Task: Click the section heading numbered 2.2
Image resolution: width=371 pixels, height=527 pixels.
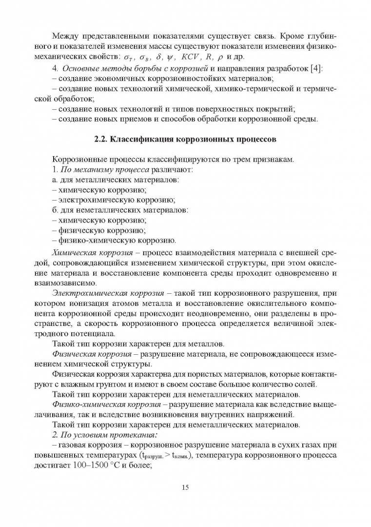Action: (x=185, y=139)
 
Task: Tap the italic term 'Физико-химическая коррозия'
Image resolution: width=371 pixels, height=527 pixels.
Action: (x=106, y=405)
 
